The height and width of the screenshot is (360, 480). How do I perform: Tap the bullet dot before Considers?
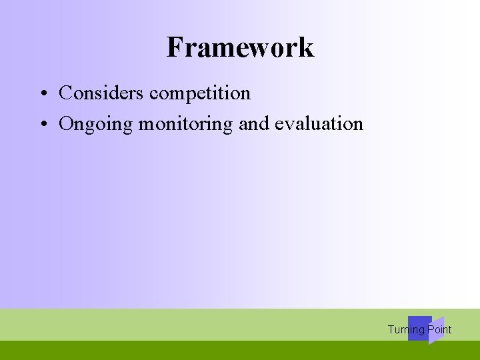[41, 93]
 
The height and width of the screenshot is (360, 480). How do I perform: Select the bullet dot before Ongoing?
[41, 124]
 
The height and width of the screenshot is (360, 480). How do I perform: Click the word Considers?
[101, 93]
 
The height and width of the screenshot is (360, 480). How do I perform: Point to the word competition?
[200, 93]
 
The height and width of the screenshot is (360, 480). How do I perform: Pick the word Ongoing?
[96, 124]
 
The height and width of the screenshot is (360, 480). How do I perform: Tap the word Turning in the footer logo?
[405, 330]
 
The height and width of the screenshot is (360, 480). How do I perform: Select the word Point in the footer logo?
[439, 330]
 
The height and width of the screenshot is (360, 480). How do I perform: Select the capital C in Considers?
[65, 93]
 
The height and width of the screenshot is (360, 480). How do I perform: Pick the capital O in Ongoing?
[66, 124]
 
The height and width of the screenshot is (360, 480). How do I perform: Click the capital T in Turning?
[391, 330]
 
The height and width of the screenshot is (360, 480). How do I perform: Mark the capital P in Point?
[431, 330]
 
